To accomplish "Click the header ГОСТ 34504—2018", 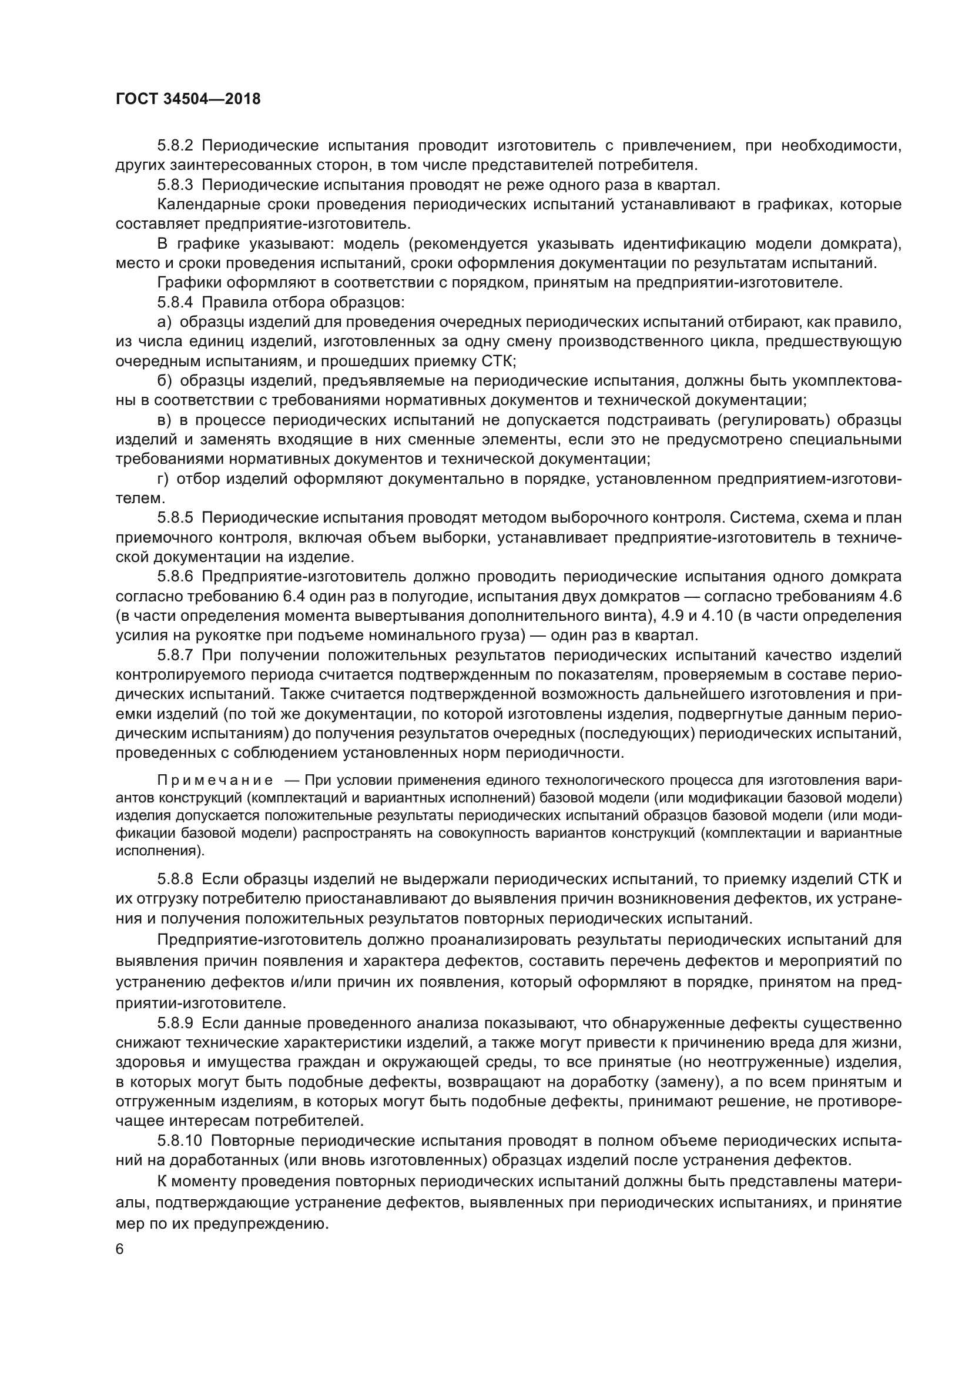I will (188, 99).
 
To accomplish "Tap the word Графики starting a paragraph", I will (189, 283).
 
